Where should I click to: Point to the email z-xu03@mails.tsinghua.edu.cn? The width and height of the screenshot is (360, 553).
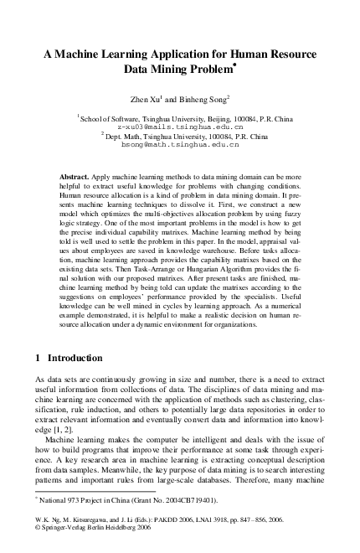click(180, 126)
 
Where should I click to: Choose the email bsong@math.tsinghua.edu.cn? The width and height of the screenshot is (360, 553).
click(180, 143)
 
